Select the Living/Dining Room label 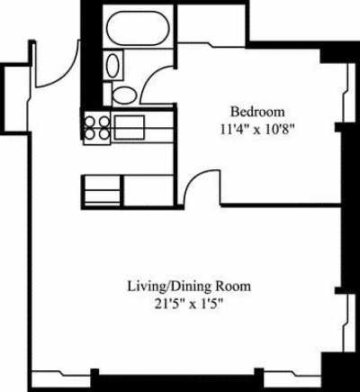(188, 287)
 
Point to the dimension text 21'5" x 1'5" (188, 304)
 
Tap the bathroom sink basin (112, 66)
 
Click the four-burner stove (97, 126)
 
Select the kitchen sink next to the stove (129, 126)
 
